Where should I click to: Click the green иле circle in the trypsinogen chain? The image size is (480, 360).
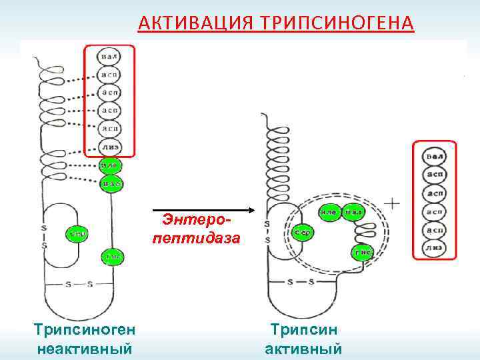click(110, 164)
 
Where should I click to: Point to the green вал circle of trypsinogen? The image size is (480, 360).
click(110, 181)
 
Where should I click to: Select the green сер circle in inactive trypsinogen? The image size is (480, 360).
click(77, 234)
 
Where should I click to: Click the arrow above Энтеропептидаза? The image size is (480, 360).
click(200, 208)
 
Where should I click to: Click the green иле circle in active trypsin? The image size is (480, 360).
click(328, 213)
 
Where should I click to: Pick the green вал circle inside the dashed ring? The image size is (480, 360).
click(353, 213)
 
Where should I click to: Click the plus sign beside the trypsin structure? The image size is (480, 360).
click(394, 204)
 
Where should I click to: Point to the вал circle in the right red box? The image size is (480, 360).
click(435, 157)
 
